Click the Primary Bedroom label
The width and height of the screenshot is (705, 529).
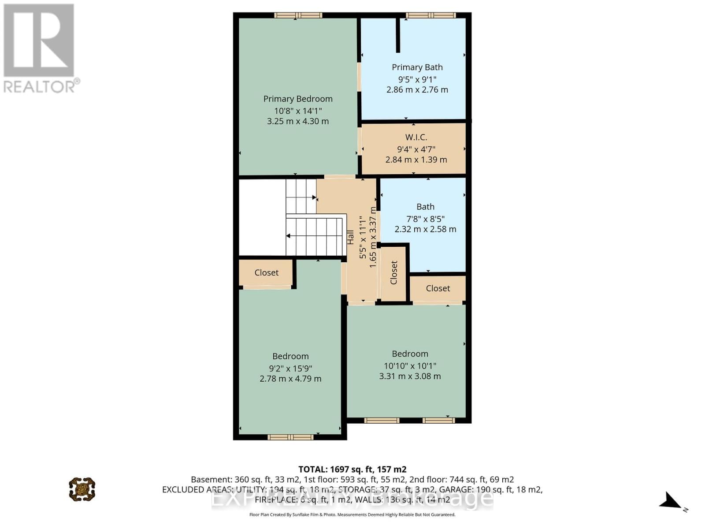(298, 99)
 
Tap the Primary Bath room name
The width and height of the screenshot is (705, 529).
(417, 67)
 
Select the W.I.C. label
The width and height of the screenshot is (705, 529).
(416, 137)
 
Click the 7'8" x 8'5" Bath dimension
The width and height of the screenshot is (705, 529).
(425, 219)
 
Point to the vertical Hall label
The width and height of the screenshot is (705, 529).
(350, 237)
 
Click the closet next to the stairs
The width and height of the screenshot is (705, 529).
(266, 272)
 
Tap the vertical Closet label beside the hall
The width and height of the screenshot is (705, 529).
(394, 272)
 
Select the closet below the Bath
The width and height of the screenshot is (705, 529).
(438, 288)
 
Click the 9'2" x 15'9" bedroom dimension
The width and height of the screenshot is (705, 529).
(290, 368)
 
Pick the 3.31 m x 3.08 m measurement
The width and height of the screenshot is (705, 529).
(410, 376)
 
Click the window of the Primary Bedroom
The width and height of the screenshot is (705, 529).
(298, 15)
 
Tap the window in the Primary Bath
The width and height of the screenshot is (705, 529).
(430, 15)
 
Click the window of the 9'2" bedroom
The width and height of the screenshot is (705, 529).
(290, 437)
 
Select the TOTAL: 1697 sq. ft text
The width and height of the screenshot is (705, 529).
(352, 469)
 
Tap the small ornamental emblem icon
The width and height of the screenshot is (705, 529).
(82, 489)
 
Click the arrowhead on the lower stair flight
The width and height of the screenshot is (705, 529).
(289, 236)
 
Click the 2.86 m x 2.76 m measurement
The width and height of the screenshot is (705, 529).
(417, 89)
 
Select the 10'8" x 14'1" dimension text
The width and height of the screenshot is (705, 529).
(298, 111)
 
